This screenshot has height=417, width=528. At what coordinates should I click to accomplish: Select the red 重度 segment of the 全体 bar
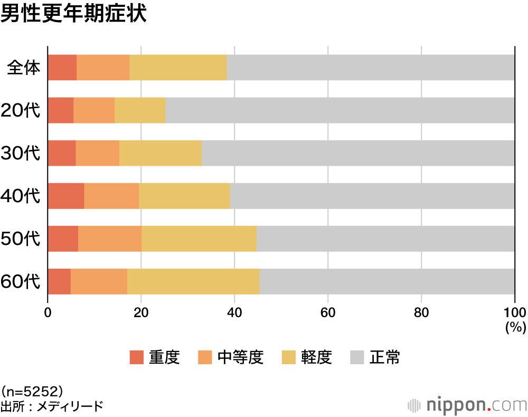click(x=62, y=68)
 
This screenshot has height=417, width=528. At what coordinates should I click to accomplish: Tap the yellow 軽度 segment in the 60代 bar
click(x=193, y=281)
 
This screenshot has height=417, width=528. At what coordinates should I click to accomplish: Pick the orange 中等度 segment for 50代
click(x=110, y=239)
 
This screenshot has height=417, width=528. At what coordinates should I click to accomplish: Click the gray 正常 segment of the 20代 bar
click(x=340, y=110)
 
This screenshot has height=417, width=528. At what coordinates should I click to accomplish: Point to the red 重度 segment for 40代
click(x=66, y=196)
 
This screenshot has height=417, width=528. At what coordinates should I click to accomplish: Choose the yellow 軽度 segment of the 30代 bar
click(x=161, y=153)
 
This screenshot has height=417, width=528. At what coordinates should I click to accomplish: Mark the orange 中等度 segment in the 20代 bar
click(x=94, y=110)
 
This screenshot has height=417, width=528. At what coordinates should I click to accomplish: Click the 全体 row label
click(x=24, y=68)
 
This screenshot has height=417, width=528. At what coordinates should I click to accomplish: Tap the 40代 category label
click(x=21, y=196)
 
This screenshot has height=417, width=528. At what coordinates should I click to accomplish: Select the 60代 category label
click(x=21, y=281)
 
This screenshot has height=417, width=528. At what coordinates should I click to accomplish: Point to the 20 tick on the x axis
click(x=141, y=312)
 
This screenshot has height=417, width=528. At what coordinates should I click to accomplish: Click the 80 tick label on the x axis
click(x=421, y=312)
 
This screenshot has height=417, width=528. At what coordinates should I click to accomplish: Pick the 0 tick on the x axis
click(x=48, y=312)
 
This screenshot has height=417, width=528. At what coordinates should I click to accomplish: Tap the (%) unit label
click(x=515, y=328)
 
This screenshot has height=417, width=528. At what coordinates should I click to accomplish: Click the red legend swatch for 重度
click(x=137, y=358)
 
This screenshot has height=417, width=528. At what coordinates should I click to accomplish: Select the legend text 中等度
click(x=240, y=358)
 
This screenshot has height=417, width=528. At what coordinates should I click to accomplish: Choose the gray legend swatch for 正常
click(x=357, y=358)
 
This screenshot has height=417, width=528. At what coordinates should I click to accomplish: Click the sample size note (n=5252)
click(x=33, y=392)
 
